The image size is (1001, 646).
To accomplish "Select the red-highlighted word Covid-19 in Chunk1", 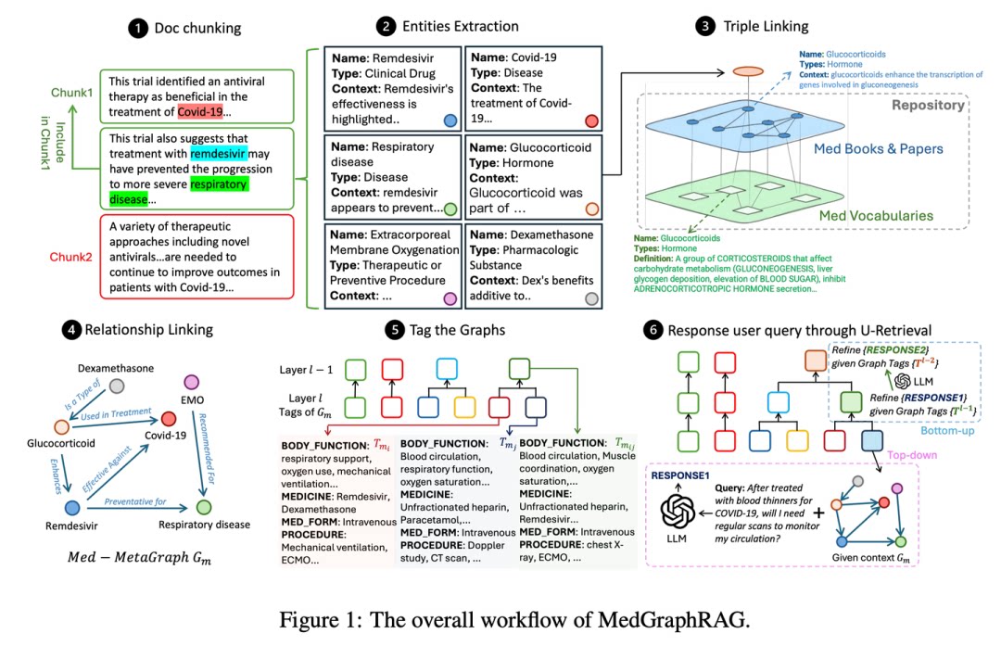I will click(x=202, y=112).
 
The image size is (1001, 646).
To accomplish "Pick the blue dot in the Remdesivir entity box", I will click(x=450, y=120).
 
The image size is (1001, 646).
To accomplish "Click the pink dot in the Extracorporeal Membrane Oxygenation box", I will click(x=450, y=298).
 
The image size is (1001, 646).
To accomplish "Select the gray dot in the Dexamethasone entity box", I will click(x=590, y=298).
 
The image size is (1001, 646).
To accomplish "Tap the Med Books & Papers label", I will click(x=879, y=149).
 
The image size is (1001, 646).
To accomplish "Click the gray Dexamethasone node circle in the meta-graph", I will click(x=117, y=384).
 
